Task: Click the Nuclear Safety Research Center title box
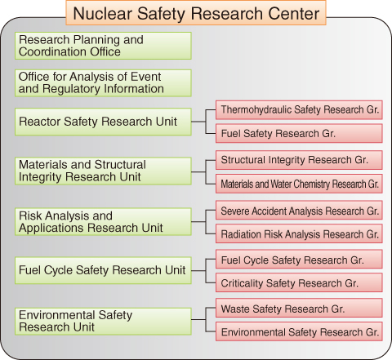pyautogui.click(x=196, y=13)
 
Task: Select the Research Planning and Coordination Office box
pyautogui.click(x=103, y=46)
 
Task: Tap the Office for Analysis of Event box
pyautogui.click(x=103, y=83)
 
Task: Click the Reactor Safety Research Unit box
pyautogui.click(x=103, y=122)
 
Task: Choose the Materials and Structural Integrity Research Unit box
pyautogui.click(x=103, y=171)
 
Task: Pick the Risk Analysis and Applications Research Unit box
pyautogui.click(x=103, y=222)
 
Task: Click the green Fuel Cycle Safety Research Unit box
pyautogui.click(x=103, y=270)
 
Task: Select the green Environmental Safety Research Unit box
pyautogui.click(x=103, y=322)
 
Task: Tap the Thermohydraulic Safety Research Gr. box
pyautogui.click(x=299, y=110)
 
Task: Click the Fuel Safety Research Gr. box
pyautogui.click(x=299, y=133)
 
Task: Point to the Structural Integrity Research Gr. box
pyautogui.click(x=299, y=160)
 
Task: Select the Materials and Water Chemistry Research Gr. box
pyautogui.click(x=299, y=184)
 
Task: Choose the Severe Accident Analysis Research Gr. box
pyautogui.click(x=299, y=210)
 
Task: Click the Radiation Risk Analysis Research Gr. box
pyautogui.click(x=299, y=233)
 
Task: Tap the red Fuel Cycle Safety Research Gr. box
pyautogui.click(x=299, y=259)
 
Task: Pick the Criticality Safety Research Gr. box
pyautogui.click(x=299, y=282)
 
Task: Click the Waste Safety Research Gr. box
pyautogui.click(x=299, y=308)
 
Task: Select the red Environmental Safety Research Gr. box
pyautogui.click(x=299, y=331)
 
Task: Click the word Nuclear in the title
pyautogui.click(x=102, y=13)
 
